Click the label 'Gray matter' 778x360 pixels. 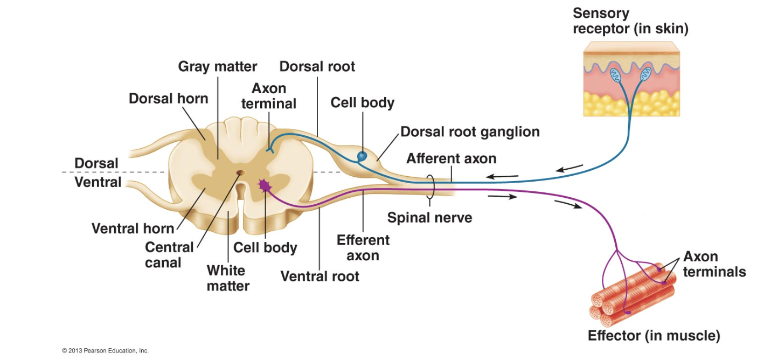[x=217, y=67]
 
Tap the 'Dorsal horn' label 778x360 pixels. [x=168, y=99]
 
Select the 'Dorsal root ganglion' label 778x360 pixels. [x=470, y=131]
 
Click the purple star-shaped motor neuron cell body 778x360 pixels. [x=264, y=185]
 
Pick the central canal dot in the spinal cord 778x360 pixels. [x=240, y=174]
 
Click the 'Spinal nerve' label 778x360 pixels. [x=429, y=218]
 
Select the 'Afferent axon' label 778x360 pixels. [x=451, y=158]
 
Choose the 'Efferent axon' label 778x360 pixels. [x=363, y=247]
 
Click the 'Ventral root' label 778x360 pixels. [x=319, y=276]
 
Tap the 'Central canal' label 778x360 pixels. [x=169, y=255]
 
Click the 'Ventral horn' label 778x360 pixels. [x=133, y=229]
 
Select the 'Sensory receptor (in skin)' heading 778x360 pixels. [x=630, y=20]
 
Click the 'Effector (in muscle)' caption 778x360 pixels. [x=654, y=336]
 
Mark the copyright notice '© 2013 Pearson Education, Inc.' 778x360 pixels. [x=105, y=351]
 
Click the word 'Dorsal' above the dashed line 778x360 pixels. [x=96, y=163]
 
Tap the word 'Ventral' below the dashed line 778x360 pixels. [x=98, y=182]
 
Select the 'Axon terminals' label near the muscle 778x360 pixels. [x=714, y=264]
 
